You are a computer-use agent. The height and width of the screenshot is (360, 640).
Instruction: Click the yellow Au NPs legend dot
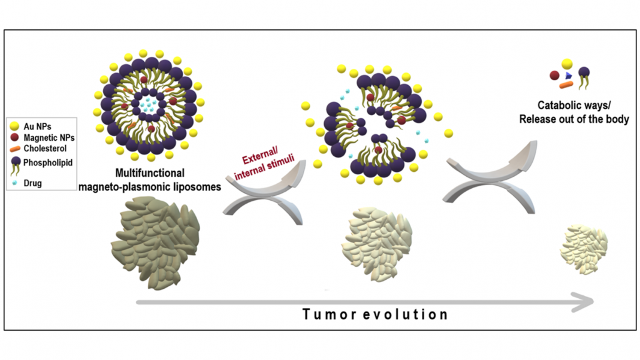click(15, 126)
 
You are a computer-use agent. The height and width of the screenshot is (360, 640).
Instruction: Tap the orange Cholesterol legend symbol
click(15, 149)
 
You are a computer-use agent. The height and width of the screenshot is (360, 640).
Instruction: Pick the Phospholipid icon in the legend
click(16, 165)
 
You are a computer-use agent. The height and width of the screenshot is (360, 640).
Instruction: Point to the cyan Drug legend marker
click(15, 183)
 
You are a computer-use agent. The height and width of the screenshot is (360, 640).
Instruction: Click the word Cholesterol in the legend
click(45, 149)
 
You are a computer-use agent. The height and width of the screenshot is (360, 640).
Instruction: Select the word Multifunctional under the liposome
click(150, 173)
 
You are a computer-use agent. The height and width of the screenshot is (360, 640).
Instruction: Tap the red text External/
click(259, 156)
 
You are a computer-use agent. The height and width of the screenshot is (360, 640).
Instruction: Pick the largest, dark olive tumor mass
click(155, 243)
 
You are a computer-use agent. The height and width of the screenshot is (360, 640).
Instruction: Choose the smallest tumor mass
click(584, 248)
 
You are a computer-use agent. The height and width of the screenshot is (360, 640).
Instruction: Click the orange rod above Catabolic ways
click(566, 85)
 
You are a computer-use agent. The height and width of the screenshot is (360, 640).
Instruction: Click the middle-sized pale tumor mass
click(377, 244)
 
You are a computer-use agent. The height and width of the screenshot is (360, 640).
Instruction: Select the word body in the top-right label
click(617, 119)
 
